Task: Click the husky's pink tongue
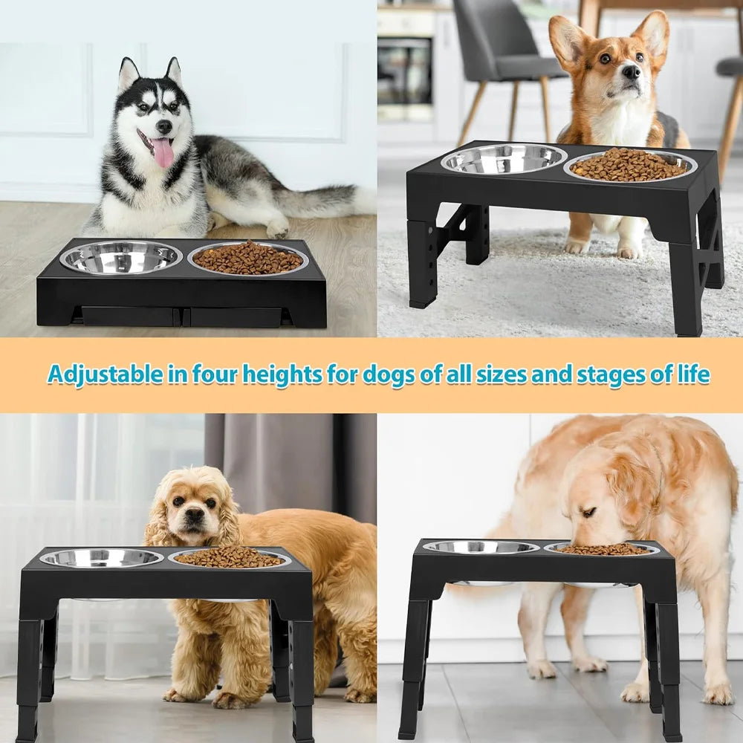point(163,152)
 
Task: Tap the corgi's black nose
point(631,72)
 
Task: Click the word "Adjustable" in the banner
point(105,374)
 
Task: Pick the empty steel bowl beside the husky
point(120,257)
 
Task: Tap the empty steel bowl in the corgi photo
point(503,158)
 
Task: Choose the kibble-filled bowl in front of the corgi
point(629,164)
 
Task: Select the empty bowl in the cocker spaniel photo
point(101,557)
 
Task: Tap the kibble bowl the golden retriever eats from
point(602,549)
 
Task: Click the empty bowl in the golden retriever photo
point(481,547)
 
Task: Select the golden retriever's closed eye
point(588,513)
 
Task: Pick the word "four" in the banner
point(216,374)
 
